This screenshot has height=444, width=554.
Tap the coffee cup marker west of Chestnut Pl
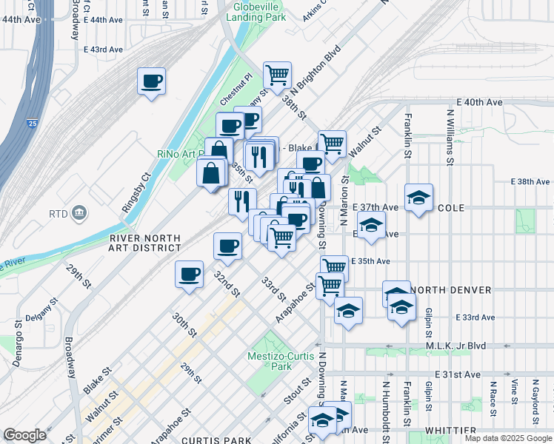(152, 81)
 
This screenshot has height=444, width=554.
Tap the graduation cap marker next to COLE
(418, 198)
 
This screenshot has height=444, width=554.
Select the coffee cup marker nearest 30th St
(189, 275)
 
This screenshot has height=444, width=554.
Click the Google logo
(24, 435)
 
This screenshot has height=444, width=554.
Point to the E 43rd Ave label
(103, 49)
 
